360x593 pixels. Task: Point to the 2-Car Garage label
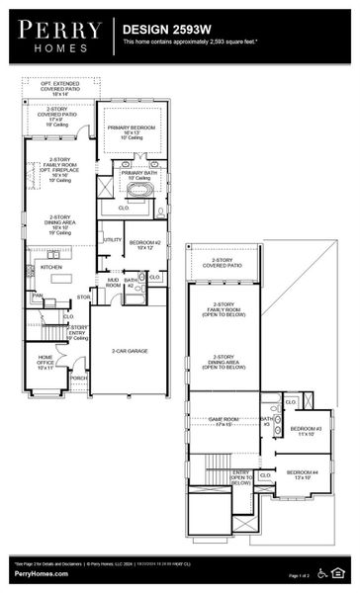tap(129, 351)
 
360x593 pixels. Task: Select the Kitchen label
tap(50, 267)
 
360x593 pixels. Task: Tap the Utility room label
tap(111, 239)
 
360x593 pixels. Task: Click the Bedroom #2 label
tap(144, 244)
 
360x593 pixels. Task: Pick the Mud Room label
tap(113, 283)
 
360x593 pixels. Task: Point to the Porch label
tap(79, 377)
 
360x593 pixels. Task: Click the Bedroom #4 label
tap(302, 473)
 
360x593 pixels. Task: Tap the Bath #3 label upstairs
tap(265, 422)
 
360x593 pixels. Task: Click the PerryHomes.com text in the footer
tap(36, 574)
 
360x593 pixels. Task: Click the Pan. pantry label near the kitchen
tap(37, 295)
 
